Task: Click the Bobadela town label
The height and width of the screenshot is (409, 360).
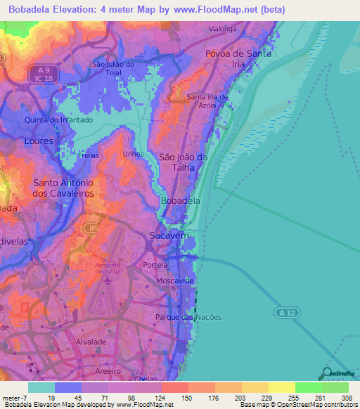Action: coord(181,201)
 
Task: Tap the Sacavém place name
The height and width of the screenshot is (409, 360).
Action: coord(169,238)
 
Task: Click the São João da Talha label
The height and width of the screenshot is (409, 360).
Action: coord(183,162)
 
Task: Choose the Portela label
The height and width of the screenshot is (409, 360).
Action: coord(155,265)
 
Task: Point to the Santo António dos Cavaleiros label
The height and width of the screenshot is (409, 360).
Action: coord(63,187)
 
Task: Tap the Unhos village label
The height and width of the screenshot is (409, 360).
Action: coord(133,154)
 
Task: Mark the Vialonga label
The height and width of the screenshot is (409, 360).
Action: coord(224,30)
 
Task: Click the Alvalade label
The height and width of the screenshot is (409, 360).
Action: coord(91,342)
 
